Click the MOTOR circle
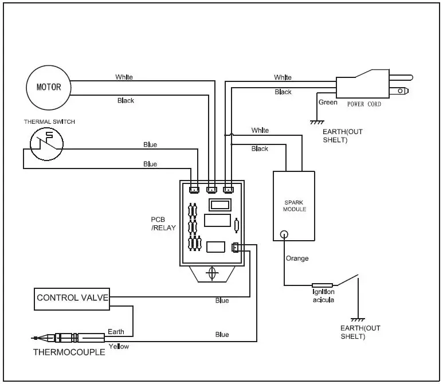click(x=49, y=88)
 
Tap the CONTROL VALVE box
click(x=71, y=297)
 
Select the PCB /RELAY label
click(x=160, y=223)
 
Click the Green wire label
click(x=328, y=103)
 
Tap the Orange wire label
click(x=297, y=258)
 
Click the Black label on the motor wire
click(x=126, y=101)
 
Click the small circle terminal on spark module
click(x=284, y=234)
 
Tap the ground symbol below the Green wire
click(x=315, y=122)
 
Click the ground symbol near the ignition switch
click(x=358, y=319)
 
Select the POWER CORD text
click(x=364, y=105)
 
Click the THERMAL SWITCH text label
click(x=49, y=122)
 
